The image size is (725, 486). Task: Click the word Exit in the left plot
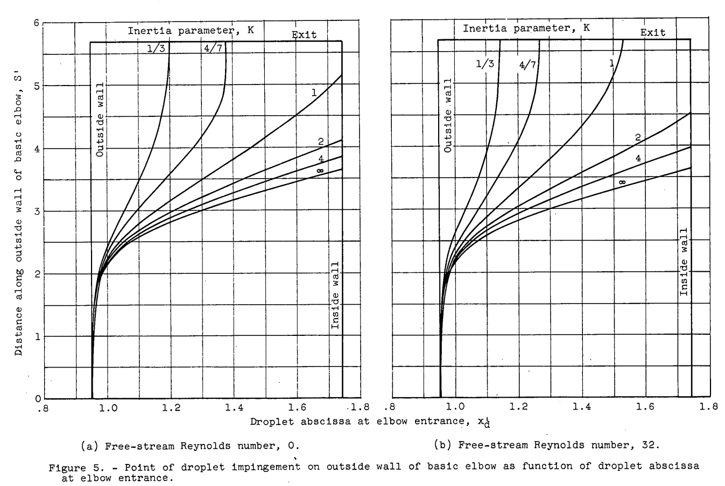(304, 35)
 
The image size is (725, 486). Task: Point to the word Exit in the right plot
(652, 32)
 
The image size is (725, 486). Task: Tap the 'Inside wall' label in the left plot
(335, 295)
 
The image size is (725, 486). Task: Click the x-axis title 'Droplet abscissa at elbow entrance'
(372, 422)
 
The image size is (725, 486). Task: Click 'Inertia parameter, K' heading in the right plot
(526, 29)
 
